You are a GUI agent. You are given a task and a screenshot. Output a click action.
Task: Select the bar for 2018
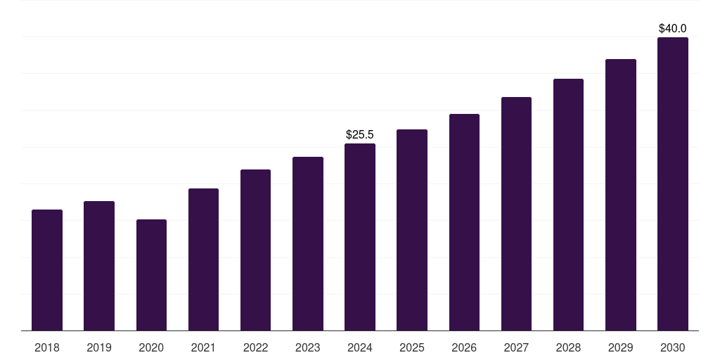pos(47,270)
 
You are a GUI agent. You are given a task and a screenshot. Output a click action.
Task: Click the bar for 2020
pos(152,275)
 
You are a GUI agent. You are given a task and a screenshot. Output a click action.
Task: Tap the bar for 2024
pos(360,237)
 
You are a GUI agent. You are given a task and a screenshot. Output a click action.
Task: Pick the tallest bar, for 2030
pos(673,184)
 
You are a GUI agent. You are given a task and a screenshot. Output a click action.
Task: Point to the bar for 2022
pos(255,250)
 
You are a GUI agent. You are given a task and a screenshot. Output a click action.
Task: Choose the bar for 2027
pos(517,214)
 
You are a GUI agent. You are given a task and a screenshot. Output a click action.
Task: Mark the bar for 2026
pos(464,222)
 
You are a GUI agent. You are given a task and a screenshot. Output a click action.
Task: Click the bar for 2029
pos(621,195)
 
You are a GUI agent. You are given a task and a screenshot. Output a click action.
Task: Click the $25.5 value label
pos(360,134)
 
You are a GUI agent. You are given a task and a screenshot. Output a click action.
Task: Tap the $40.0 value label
pos(673,28)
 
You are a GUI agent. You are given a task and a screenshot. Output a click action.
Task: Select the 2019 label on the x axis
pos(99,348)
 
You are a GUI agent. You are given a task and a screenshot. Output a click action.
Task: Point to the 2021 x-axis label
pos(203,348)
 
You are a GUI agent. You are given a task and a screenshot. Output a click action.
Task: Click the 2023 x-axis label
pos(308,348)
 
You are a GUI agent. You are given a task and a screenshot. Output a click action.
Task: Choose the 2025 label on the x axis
pos(412,348)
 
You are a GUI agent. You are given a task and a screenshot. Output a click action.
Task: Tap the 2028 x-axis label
pos(568,348)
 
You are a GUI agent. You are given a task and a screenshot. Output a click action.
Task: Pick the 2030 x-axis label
pos(673,348)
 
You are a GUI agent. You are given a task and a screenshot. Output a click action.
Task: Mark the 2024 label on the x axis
pos(360,348)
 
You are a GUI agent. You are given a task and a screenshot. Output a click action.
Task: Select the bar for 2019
pos(99,266)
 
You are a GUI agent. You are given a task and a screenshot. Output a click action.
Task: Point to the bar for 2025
pos(412,230)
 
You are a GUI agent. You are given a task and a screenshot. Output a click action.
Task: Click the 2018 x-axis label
pos(47,348)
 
